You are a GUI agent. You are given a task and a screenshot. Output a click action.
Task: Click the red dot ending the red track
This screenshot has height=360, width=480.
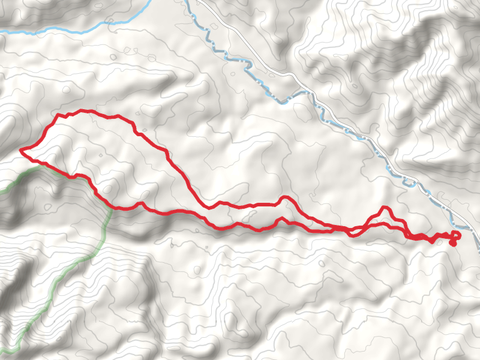tap(452, 243)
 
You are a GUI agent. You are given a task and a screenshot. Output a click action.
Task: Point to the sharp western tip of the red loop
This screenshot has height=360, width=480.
tap(21, 150)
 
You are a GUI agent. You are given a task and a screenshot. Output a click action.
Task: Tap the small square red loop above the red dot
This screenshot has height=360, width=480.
tap(456, 235)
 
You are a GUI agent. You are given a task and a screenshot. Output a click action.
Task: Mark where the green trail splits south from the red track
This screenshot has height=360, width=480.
tap(111, 208)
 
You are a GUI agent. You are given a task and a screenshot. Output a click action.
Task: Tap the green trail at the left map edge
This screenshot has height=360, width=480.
tap(2, 191)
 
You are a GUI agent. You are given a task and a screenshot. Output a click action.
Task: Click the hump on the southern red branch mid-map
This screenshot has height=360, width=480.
tap(277, 220)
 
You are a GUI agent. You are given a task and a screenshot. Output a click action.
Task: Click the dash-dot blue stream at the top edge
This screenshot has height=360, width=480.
tap(187, 2)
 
